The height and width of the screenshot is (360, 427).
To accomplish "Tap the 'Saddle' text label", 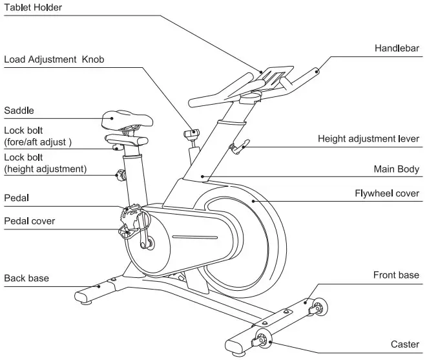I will pos(19,111).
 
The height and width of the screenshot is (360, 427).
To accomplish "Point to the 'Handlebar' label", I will pos(397,48).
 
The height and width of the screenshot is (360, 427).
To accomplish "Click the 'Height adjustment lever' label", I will pos(368,139).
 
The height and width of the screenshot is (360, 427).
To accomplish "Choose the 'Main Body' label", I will pos(397,169).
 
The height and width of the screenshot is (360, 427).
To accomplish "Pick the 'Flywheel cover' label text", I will pos(387,193).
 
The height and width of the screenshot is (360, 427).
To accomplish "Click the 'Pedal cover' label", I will pos(30,221).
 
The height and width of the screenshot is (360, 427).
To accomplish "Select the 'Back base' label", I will pos(26,279).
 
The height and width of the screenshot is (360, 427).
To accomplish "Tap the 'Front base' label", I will pos(396,275).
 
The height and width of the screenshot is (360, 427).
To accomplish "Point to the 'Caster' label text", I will pos(405,344).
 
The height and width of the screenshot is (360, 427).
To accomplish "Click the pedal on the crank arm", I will pos(132,211).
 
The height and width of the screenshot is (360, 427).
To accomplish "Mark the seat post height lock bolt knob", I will pos(119,174).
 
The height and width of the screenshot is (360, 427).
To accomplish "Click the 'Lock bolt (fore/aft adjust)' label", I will pos(37,136).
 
